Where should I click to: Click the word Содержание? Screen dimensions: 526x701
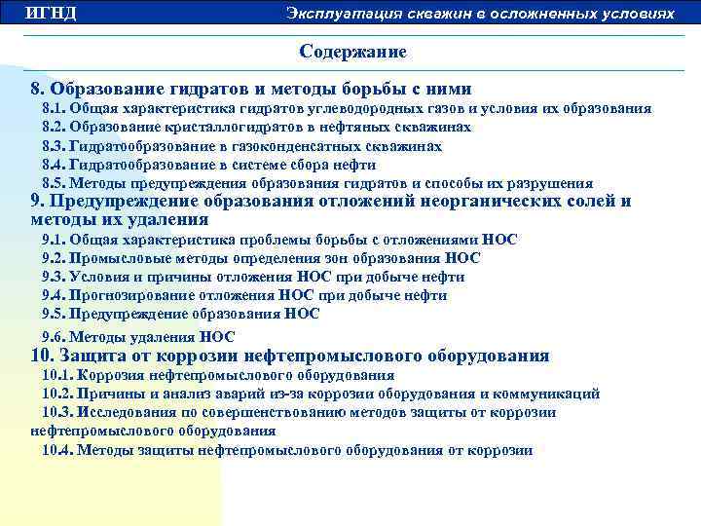coord(352,51)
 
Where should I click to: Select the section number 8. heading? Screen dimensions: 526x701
coord(38,89)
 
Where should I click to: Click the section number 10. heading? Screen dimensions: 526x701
coord(43,356)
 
